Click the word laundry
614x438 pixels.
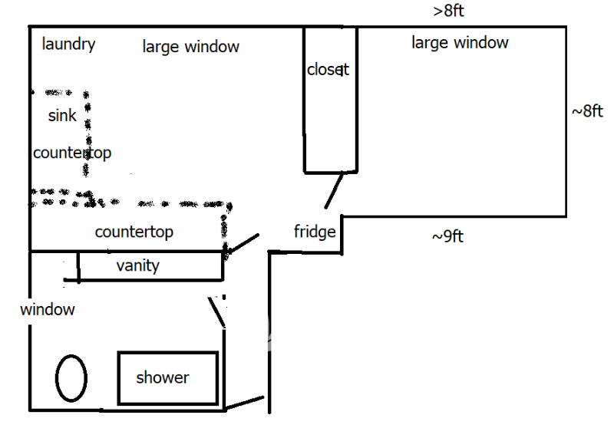(x=68, y=44)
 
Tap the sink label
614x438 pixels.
(x=62, y=116)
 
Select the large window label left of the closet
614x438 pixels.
(x=190, y=47)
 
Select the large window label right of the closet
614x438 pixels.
(x=460, y=42)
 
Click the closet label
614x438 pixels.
(x=328, y=70)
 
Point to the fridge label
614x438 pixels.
(x=315, y=231)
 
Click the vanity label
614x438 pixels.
(x=137, y=266)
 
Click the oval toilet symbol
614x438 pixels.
(x=71, y=377)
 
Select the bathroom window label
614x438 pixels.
(x=48, y=310)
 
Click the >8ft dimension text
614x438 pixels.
(x=448, y=11)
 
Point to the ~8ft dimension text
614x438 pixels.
(x=587, y=111)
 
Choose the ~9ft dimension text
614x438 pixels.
(x=447, y=236)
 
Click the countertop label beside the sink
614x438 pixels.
(x=71, y=153)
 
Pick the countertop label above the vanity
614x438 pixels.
(x=134, y=232)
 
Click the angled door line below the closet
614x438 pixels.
(x=334, y=190)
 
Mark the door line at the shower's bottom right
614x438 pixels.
(x=245, y=403)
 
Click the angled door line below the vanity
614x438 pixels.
(x=217, y=312)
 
